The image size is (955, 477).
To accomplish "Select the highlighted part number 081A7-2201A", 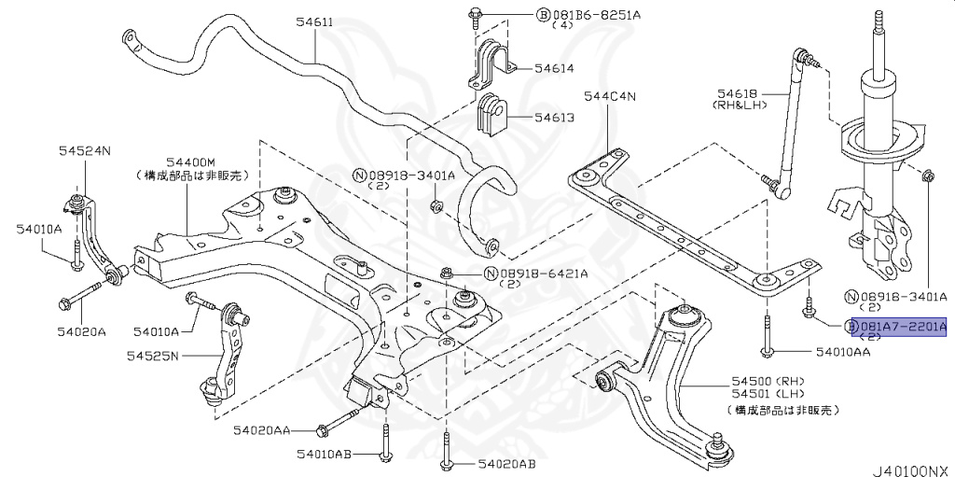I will click(x=902, y=327).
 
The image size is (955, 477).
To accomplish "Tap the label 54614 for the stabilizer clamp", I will click(x=554, y=68).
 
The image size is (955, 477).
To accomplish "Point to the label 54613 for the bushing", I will click(x=554, y=119).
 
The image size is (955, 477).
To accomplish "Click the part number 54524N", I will click(x=85, y=150).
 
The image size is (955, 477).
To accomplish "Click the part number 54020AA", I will click(x=262, y=430).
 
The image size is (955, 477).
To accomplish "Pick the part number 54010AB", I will click(x=325, y=454).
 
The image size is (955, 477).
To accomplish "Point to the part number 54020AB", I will click(x=507, y=464).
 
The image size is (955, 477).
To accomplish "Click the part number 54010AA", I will click(x=843, y=352).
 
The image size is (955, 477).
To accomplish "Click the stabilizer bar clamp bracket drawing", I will click(x=491, y=62).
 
